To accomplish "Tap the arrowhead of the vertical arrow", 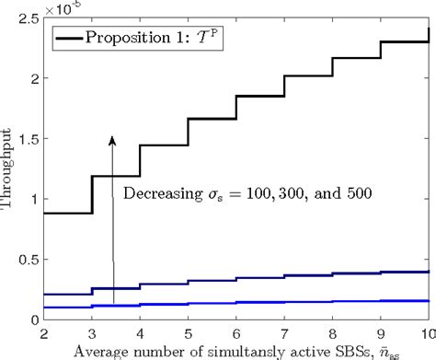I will (112, 140).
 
